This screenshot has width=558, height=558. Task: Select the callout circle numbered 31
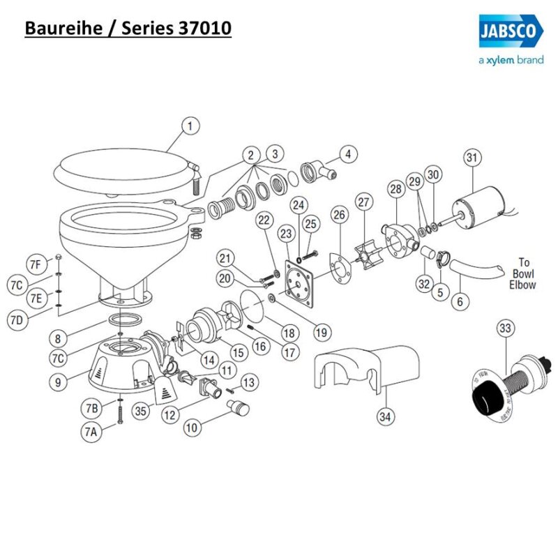(x=473, y=158)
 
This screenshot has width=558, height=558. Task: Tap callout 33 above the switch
(x=506, y=328)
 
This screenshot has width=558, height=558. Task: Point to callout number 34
(x=384, y=417)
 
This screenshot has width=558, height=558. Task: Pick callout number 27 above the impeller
(x=363, y=202)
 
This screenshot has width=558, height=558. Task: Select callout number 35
(x=141, y=412)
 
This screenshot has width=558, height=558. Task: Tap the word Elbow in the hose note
(x=522, y=285)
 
